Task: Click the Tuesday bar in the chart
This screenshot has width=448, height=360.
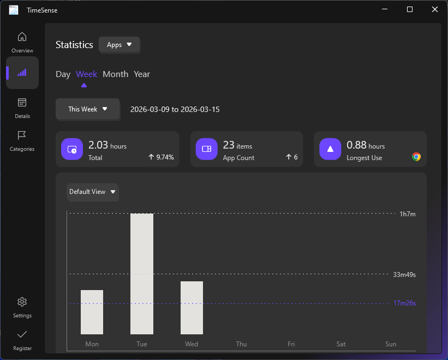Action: click(142, 273)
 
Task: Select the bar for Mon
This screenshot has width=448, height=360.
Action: click(92, 312)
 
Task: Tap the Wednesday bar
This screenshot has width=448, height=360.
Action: click(192, 308)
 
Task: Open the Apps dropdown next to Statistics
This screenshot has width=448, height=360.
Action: click(120, 45)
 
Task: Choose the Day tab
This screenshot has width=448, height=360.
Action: click(63, 74)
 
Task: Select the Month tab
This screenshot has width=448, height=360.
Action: click(115, 74)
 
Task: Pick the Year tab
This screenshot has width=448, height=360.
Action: click(142, 74)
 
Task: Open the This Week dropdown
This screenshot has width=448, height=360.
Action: click(87, 109)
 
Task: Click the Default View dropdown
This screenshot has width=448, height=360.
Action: click(93, 192)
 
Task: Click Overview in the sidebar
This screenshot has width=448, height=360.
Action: click(22, 42)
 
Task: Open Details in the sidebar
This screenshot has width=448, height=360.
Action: click(22, 108)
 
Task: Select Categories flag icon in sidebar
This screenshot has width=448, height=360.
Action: click(22, 140)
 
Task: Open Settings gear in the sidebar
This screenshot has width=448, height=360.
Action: click(22, 307)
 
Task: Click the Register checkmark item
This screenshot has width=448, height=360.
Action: click(22, 340)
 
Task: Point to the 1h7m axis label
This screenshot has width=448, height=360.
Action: click(408, 214)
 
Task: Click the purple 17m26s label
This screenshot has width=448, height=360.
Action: click(404, 303)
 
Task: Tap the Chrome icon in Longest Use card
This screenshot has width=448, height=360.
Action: click(416, 157)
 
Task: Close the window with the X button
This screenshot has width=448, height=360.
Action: click(435, 9)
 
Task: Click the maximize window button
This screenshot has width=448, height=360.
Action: click(410, 9)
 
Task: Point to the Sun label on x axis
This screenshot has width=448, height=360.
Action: click(391, 344)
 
